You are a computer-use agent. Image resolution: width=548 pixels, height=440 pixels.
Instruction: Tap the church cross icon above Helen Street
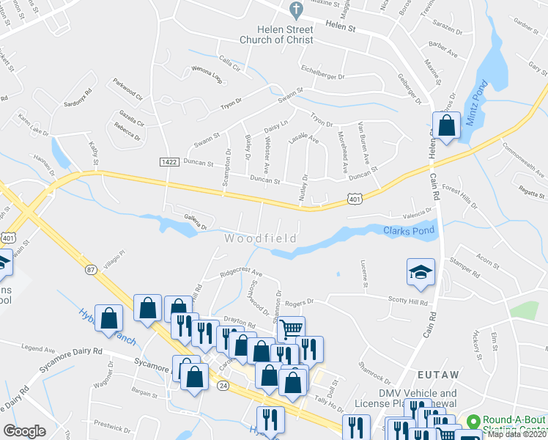296,10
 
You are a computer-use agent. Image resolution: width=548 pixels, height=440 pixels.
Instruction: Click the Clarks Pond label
409,230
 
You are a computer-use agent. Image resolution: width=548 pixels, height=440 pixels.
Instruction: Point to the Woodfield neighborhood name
260,239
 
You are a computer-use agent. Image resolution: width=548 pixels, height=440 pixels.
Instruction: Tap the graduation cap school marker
421,272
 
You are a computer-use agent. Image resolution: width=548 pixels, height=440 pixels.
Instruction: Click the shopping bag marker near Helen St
445,125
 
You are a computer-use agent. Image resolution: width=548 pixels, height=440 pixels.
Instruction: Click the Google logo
24,431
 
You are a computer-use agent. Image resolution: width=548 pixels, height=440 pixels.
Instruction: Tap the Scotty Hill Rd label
408,301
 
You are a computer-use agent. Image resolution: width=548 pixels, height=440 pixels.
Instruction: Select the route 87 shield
92,269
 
